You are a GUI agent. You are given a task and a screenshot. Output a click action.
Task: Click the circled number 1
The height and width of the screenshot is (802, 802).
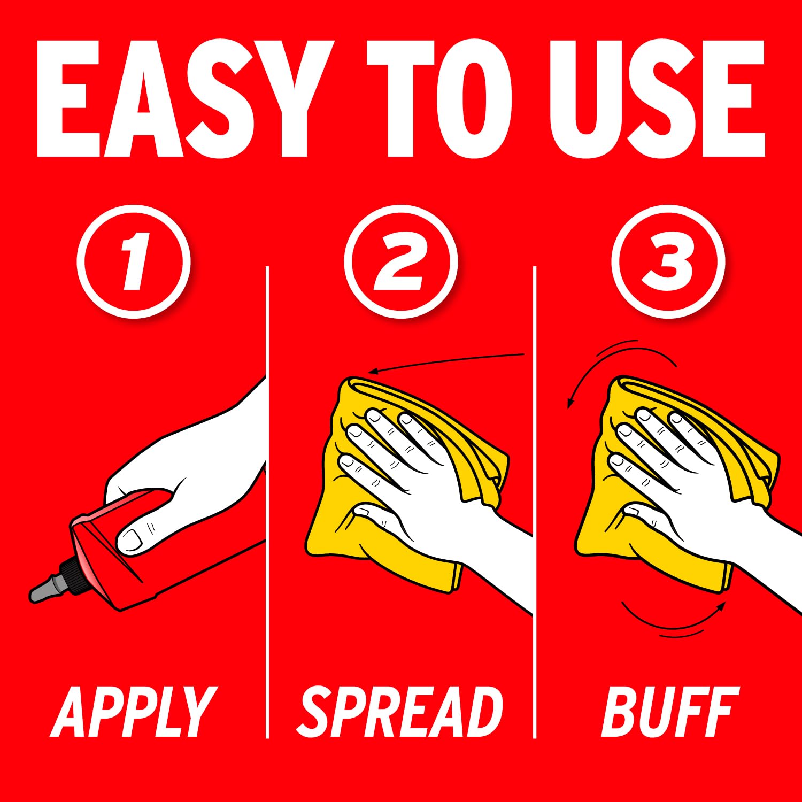point(134,261)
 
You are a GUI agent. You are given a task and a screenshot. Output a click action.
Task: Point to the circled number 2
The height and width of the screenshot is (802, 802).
point(401,261)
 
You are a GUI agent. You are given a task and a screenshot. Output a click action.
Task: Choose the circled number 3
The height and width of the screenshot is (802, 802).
point(668,261)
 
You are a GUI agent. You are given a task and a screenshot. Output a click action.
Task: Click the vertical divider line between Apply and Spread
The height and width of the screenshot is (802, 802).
point(267,503)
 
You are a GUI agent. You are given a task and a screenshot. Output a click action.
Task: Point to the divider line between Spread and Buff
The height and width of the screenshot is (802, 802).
point(535,503)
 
